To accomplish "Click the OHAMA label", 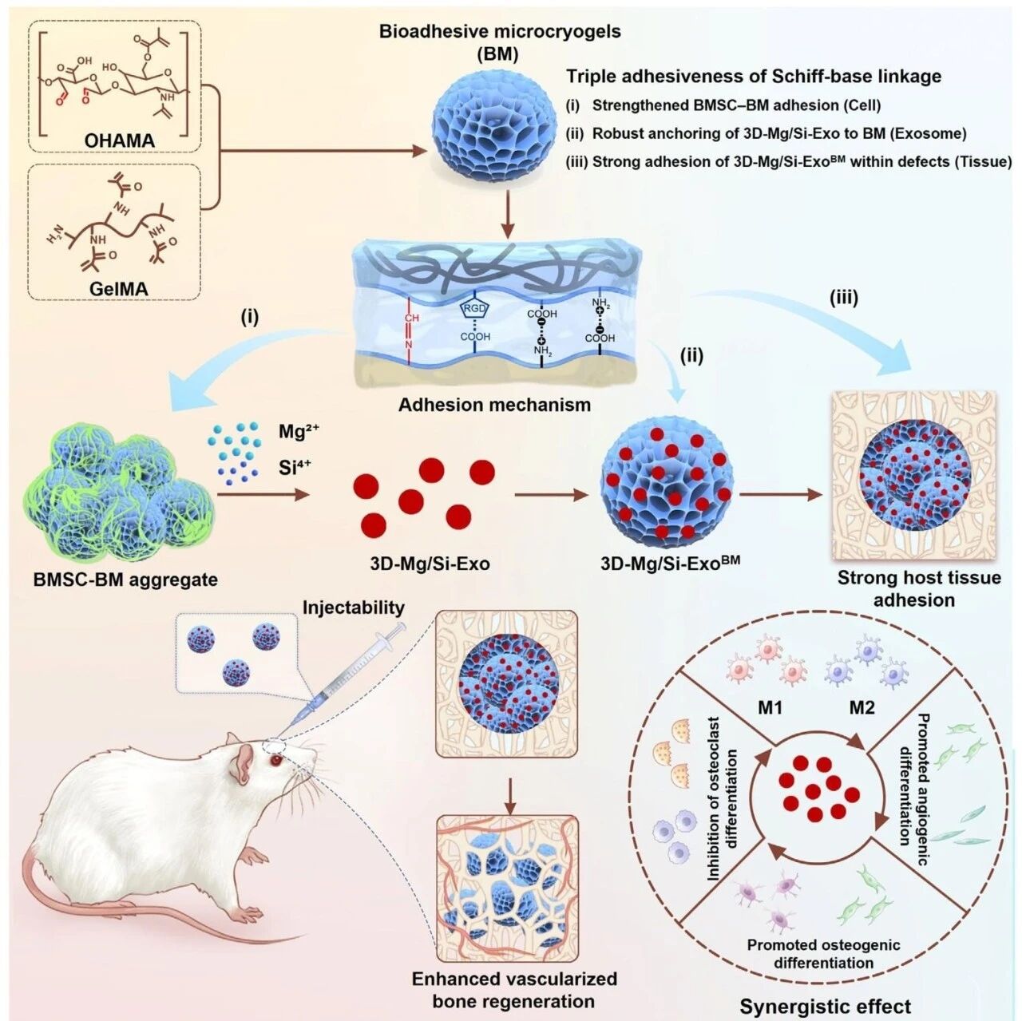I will pos(120,141).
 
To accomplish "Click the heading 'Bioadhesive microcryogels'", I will pos(500,33).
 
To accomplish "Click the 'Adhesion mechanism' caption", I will pos(495,404).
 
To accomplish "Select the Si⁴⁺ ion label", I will pos(295,467).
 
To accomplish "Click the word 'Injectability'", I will pos(353,607).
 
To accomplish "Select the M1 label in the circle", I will pos(770,708).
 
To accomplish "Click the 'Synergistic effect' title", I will pos(825,1006).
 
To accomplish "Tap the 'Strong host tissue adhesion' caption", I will pos(918,588).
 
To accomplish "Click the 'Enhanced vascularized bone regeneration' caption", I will pos(514,989).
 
